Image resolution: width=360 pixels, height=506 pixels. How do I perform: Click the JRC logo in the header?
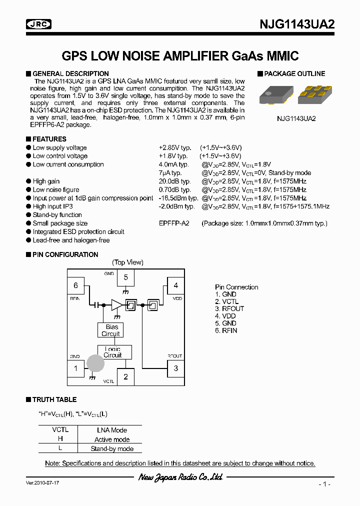click(38, 24)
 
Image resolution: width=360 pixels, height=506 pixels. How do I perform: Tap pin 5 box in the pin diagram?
click(126, 277)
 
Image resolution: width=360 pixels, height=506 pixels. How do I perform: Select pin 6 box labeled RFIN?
click(76, 285)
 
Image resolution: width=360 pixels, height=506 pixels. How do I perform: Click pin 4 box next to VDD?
click(175, 285)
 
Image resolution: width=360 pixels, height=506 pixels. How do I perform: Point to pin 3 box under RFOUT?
click(175, 368)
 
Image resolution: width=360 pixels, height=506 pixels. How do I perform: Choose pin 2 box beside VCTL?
click(126, 376)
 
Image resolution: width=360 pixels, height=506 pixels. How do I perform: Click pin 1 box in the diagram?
click(76, 368)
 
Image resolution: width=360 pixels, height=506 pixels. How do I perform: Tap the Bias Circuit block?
click(110, 330)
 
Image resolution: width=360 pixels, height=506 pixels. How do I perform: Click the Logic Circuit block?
click(113, 352)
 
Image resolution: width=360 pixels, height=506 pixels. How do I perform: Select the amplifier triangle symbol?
click(116, 304)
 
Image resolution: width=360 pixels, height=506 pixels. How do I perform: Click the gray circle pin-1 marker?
click(95, 363)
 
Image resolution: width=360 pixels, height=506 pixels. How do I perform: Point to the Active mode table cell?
click(112, 439)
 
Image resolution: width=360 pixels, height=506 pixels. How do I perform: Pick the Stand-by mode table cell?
click(112, 448)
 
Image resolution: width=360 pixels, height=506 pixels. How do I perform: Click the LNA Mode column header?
click(112, 430)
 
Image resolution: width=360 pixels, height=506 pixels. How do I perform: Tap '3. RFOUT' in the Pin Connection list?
click(229, 308)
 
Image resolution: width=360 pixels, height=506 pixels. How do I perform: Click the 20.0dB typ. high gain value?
click(174, 181)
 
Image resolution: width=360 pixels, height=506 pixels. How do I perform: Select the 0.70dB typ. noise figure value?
click(174, 189)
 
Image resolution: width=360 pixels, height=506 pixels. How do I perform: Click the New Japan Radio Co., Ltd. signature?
click(180, 477)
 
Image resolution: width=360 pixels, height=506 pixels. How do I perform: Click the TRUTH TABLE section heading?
click(54, 399)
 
